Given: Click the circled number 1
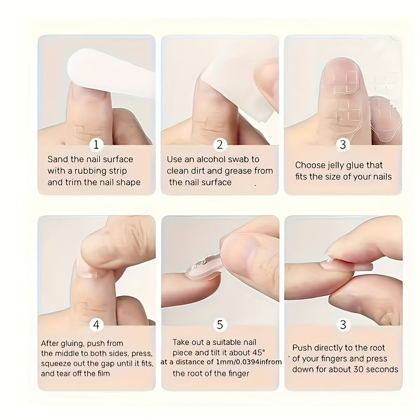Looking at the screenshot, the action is click(x=96, y=145).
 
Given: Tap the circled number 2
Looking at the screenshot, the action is click(x=219, y=145).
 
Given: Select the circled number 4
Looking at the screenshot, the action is click(x=96, y=324).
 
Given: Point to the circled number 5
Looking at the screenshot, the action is click(x=219, y=324).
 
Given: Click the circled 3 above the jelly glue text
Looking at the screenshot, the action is click(x=343, y=145).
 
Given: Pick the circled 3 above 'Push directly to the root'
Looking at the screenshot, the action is click(x=343, y=324).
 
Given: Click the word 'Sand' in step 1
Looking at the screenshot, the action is click(x=57, y=160).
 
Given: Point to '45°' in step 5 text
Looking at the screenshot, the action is click(x=259, y=352).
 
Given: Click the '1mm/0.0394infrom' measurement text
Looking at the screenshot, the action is click(x=249, y=362).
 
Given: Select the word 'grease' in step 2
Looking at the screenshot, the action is click(x=238, y=171).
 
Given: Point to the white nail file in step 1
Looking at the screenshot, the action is click(x=110, y=72).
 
